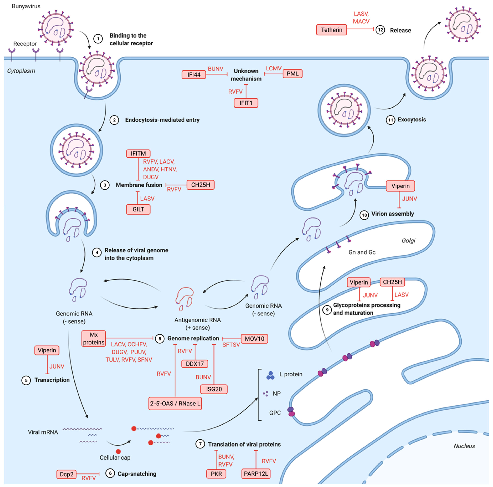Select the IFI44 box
(x=194, y=75)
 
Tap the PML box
(x=292, y=73)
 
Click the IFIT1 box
(x=246, y=103)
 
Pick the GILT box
(x=138, y=209)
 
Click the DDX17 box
(x=195, y=364)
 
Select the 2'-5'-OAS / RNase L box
(x=175, y=404)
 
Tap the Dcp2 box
(x=66, y=474)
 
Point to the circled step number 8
(x=160, y=339)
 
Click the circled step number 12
(x=380, y=30)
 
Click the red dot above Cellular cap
(x=118, y=452)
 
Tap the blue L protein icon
(x=270, y=375)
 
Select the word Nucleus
(x=464, y=446)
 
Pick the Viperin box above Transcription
(x=47, y=350)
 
